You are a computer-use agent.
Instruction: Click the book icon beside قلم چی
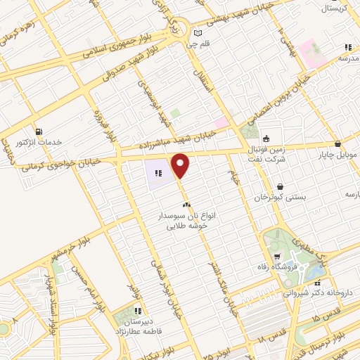(198, 33)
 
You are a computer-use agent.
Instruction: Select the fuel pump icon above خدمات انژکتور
(38, 131)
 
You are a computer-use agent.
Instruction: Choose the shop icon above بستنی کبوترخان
(281, 187)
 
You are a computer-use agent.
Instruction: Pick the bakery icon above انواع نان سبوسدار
(186, 204)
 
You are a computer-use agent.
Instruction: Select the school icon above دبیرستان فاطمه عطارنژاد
(139, 310)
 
